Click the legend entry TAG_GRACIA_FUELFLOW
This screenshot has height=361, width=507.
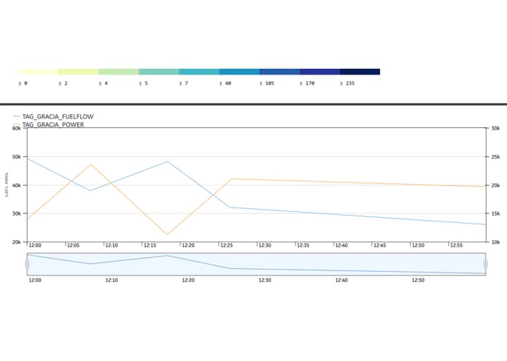tap(58, 116)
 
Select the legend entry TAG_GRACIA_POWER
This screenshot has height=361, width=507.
tap(53, 125)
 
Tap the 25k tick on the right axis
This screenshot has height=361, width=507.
tap(495, 156)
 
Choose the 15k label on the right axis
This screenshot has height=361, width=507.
tap(495, 213)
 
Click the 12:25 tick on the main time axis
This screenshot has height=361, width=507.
tap(226, 246)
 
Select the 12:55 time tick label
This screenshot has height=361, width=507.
tap(456, 246)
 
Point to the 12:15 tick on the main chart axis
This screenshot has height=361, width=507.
tap(150, 246)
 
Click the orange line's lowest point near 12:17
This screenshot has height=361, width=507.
tap(167, 235)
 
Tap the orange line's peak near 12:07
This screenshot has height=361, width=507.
tap(91, 164)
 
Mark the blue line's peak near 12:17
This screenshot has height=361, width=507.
tap(168, 161)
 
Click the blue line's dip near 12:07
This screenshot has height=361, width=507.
tap(91, 191)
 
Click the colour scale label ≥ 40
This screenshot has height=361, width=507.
tap(225, 84)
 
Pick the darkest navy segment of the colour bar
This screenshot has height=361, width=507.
tap(360, 72)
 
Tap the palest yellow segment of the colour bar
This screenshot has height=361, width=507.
tap(38, 72)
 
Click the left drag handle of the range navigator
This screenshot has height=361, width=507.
tap(27, 264)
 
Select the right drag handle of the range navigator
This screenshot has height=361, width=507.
tap(485, 264)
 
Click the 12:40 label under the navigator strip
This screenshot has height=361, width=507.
tap(341, 280)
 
